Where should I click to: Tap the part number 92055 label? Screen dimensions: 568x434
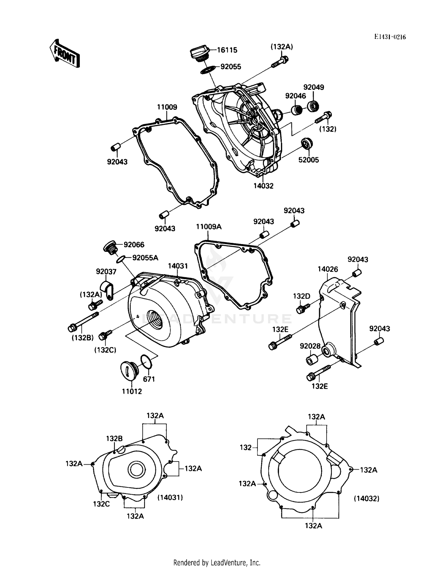click(231, 67)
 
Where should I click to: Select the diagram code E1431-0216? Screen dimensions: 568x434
click(390, 37)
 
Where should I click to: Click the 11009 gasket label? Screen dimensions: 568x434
click(167, 107)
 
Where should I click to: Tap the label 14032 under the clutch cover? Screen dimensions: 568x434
click(263, 186)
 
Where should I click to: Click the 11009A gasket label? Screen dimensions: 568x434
click(209, 227)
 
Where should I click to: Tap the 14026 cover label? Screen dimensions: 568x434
click(328, 269)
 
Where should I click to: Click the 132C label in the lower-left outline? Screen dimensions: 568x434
click(101, 504)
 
